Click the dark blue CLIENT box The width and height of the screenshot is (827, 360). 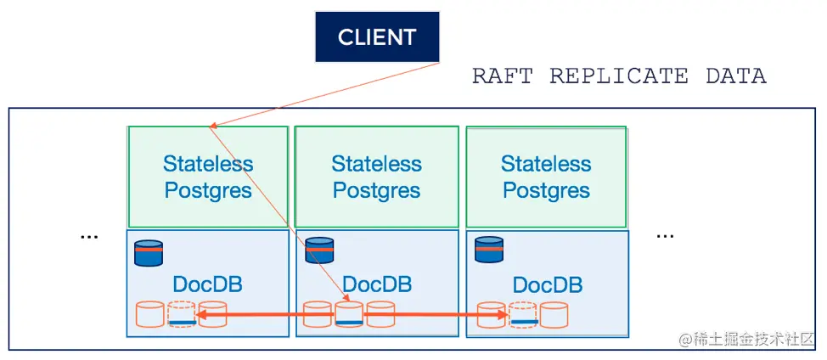tap(377, 37)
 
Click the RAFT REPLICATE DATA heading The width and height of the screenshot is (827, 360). tap(619, 76)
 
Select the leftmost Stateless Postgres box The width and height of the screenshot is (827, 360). tap(208, 177)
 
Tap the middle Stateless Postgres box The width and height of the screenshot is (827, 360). tap(376, 177)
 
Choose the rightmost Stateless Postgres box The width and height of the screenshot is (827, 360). tap(546, 177)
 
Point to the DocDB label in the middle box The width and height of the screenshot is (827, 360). tap(377, 284)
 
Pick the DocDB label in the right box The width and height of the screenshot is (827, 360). tap(548, 284)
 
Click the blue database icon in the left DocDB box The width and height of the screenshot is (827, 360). tap(149, 252)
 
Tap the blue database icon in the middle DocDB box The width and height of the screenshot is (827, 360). tap(319, 250)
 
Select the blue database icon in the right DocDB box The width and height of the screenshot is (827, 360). tap(488, 250)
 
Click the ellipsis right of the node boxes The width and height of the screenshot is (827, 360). tap(665, 234)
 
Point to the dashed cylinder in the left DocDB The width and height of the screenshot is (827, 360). tap(182, 314)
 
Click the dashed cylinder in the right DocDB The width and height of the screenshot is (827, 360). tap(523, 314)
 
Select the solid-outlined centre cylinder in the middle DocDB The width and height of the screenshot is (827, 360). tap(349, 314)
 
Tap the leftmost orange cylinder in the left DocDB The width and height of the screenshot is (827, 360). tap(149, 314)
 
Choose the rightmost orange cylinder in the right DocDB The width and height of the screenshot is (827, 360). tap(554, 314)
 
